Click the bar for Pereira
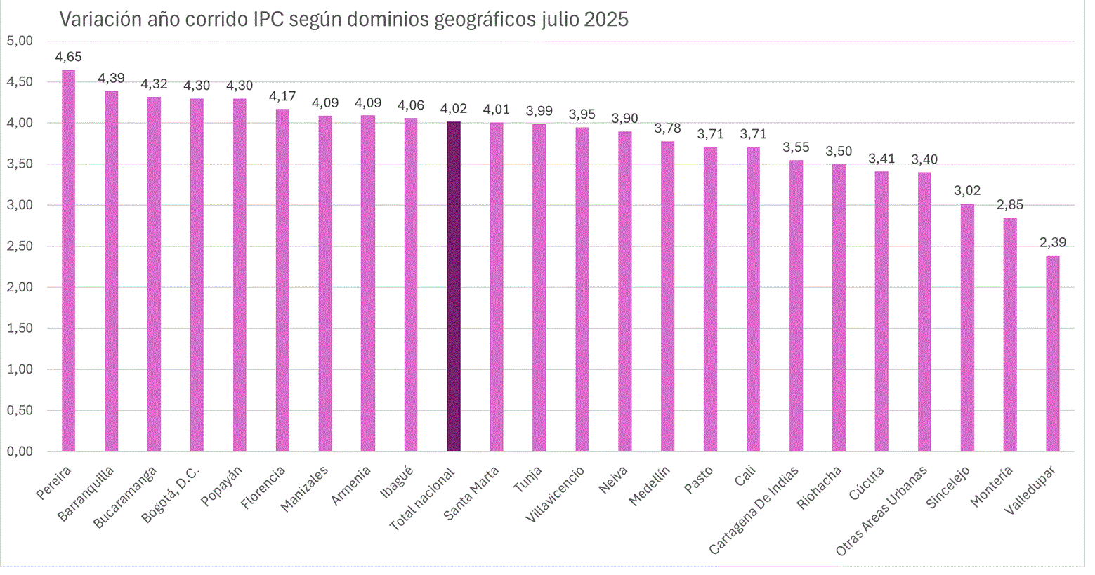pos(68,260)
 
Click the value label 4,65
pos(68,58)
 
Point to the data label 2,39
pos(1052,243)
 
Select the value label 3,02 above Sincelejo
pos(966,191)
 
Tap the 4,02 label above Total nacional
pos(454,109)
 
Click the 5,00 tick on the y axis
pos(20,41)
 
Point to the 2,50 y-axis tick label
pos(20,246)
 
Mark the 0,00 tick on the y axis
pos(20,451)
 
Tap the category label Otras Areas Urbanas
pos(882,510)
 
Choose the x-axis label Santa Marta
pos(472,493)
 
